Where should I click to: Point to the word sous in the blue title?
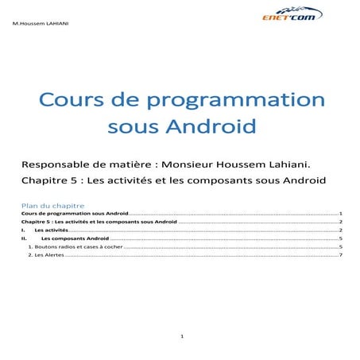[132, 126]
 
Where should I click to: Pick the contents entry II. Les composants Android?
[75, 238]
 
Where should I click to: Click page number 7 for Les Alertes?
[340, 255]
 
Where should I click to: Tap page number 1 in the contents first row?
[340, 214]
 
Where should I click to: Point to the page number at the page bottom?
[182, 337]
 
